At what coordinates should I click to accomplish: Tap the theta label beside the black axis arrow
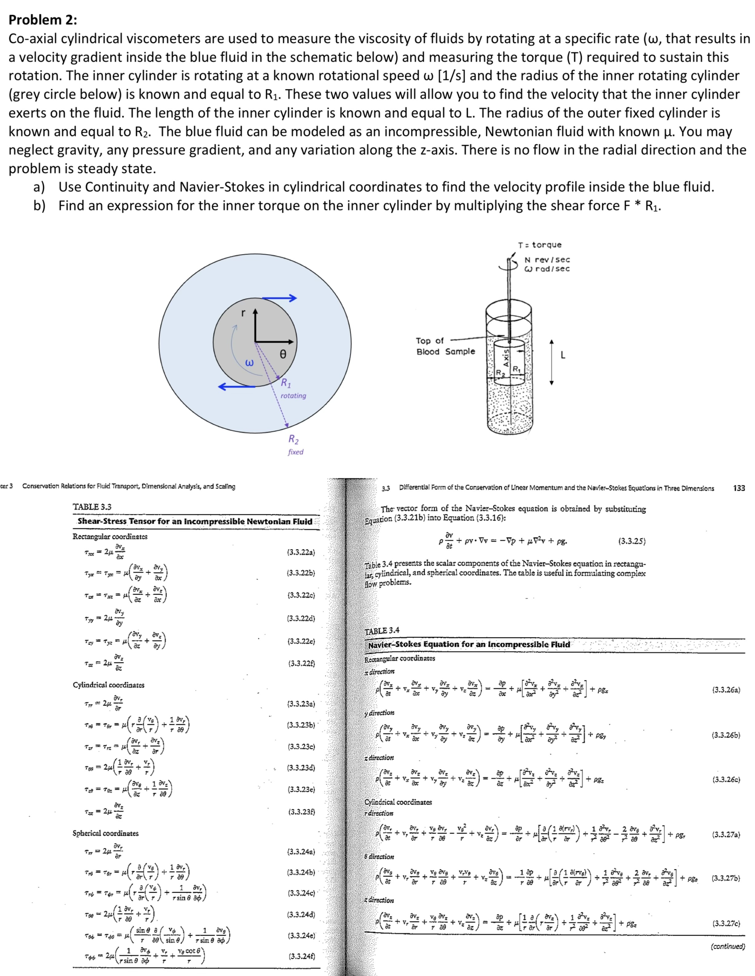[x=282, y=354]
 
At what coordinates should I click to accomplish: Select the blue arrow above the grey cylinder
[x=279, y=298]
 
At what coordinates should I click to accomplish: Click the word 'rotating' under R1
[x=293, y=396]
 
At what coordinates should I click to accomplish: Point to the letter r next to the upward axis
[x=243, y=313]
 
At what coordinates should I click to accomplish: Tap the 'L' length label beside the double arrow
[x=563, y=355]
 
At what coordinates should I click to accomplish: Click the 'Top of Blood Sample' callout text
[x=445, y=346]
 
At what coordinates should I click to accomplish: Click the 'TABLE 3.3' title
[x=92, y=507]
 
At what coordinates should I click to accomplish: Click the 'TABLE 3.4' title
[x=382, y=631]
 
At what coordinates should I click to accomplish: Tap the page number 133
[x=739, y=488]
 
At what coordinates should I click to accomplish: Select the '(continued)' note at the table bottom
[x=727, y=946]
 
